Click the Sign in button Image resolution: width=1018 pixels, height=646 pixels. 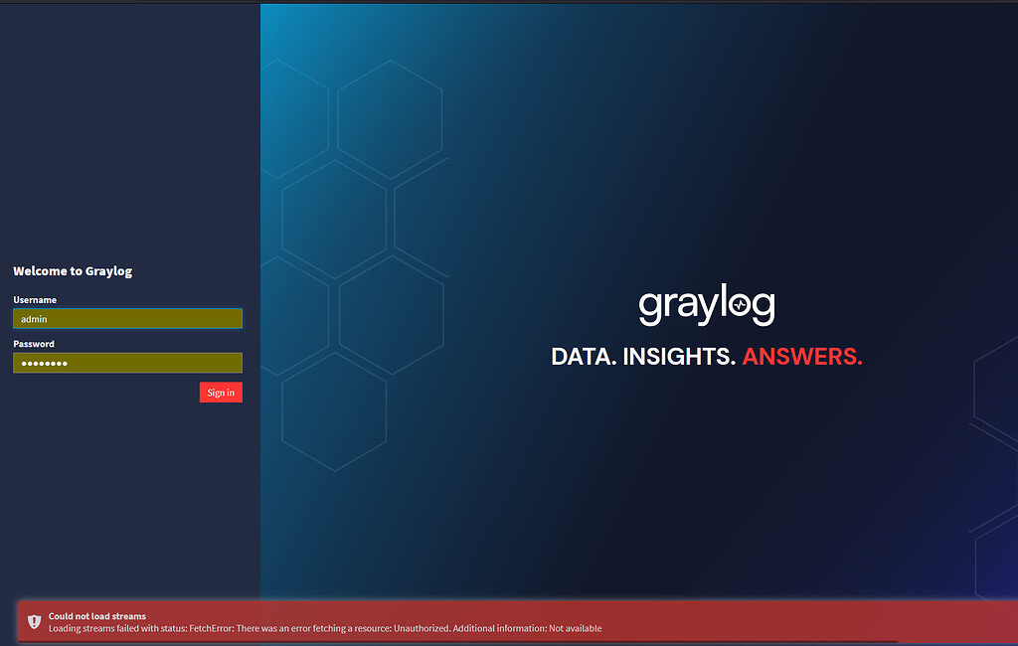tap(221, 393)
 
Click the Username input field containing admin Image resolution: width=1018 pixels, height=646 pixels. tap(127, 319)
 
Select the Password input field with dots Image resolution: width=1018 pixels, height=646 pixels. tap(127, 363)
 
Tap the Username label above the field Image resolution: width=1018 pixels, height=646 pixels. tap(35, 299)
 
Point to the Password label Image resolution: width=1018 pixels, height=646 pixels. tap(34, 344)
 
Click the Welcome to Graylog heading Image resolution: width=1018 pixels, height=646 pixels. tap(73, 271)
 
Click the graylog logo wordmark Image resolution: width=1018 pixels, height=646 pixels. tap(706, 306)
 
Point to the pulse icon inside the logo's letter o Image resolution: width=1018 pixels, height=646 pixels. tap(740, 307)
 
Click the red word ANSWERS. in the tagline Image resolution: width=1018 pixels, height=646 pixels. tap(802, 357)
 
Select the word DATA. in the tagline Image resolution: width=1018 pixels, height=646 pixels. tap(584, 357)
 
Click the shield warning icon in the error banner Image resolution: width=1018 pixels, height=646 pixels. tap(34, 621)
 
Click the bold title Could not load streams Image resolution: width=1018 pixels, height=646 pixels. tap(97, 616)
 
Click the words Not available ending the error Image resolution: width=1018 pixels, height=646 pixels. tap(576, 628)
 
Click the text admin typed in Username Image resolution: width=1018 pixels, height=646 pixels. tap(34, 319)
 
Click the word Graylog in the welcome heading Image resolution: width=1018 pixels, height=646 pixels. tap(109, 271)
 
